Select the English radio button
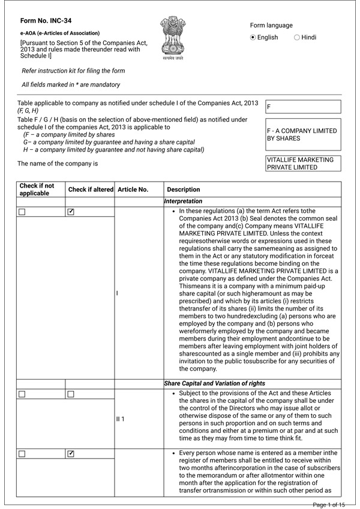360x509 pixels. point(253,37)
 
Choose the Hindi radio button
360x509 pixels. point(297,37)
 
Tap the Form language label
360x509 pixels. point(271,25)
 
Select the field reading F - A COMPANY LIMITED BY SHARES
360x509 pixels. point(303,134)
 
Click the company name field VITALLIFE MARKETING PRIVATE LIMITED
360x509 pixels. point(303,164)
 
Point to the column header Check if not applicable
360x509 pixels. point(37,189)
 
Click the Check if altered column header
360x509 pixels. point(91,189)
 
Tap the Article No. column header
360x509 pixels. point(133,189)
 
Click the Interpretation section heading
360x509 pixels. point(183,201)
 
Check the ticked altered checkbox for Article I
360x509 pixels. point(71,212)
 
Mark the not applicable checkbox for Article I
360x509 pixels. point(22,212)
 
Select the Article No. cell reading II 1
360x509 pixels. point(121,418)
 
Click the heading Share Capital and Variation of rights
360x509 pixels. point(214,383)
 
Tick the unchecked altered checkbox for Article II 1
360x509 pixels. point(71,394)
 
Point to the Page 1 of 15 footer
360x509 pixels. point(329,505)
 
